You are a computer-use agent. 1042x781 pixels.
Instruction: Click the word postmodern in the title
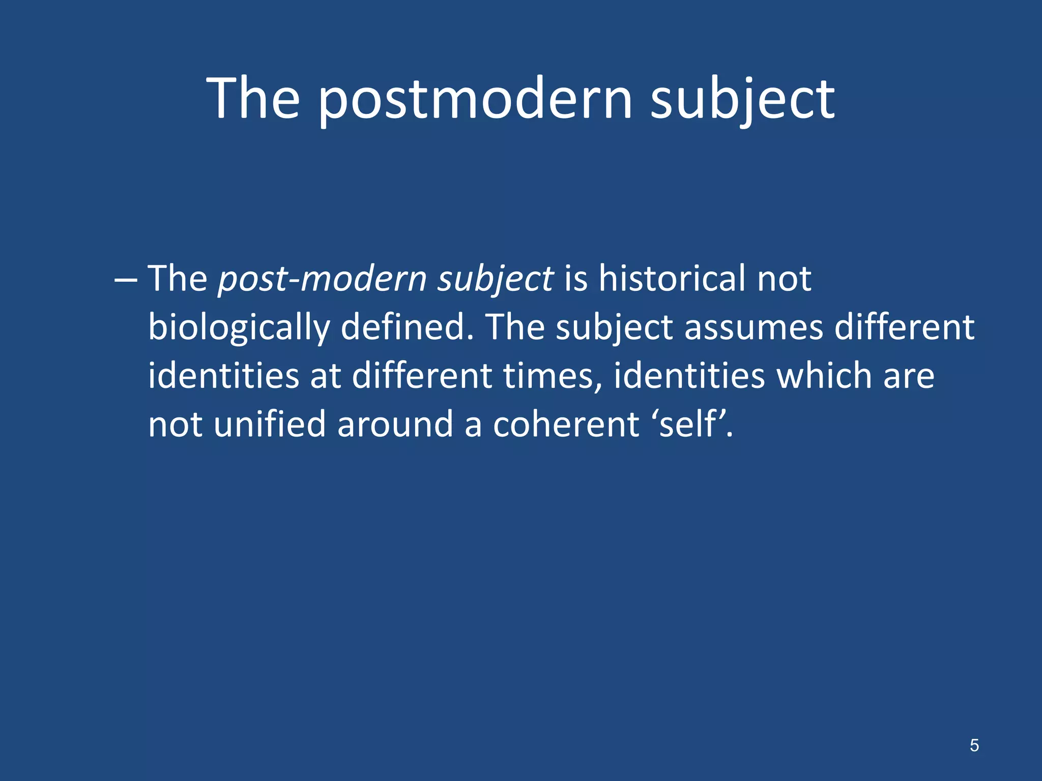click(x=475, y=99)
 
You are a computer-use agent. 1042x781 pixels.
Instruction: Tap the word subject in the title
click(x=742, y=99)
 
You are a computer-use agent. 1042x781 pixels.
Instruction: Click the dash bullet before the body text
click(x=126, y=280)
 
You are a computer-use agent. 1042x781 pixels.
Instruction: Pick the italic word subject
click(x=495, y=280)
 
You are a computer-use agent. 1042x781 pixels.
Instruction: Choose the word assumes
click(x=754, y=328)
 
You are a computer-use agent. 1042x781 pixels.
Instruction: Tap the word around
click(x=395, y=425)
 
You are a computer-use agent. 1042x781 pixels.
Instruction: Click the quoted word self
click(x=689, y=424)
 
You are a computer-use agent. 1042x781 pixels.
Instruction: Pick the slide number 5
click(x=974, y=745)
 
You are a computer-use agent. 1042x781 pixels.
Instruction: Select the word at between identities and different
click(x=326, y=376)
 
